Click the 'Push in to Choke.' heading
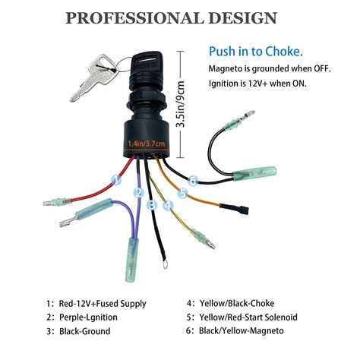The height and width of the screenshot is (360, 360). pyautogui.click(x=255, y=52)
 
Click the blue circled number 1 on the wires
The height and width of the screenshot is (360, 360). pyautogui.click(x=116, y=180)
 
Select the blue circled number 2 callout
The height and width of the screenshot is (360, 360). pyautogui.click(x=138, y=193)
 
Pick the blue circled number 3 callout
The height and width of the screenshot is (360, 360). pyautogui.click(x=152, y=205)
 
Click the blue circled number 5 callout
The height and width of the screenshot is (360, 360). pyautogui.click(x=182, y=193)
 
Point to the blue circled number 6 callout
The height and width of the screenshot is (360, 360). pyautogui.click(x=193, y=181)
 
